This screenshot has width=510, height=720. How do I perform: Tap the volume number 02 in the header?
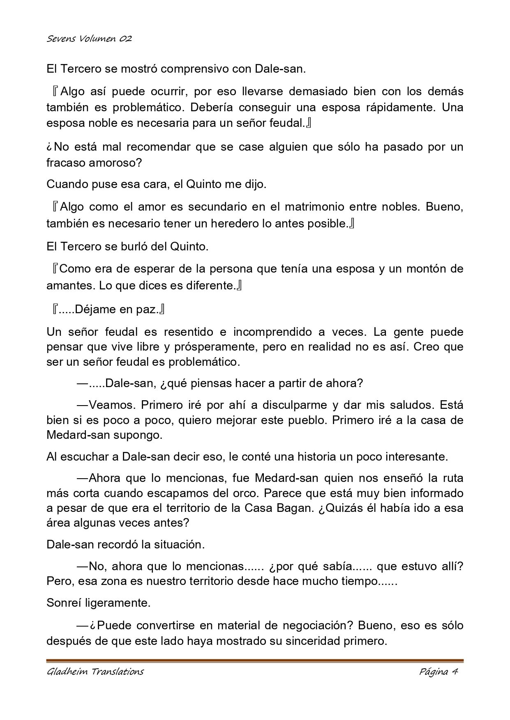pos(126,39)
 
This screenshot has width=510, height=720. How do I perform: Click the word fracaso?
pos(66,163)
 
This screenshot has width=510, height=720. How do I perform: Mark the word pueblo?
pos(299,420)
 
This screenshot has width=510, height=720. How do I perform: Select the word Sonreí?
pos(64,603)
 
